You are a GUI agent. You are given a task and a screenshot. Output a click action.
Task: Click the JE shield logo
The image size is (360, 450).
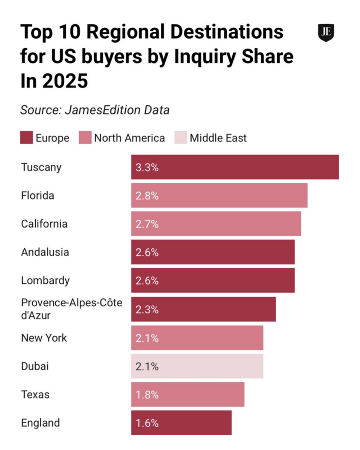(326, 33)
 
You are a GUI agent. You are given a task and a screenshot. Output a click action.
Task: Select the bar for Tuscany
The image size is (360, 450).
(235, 167)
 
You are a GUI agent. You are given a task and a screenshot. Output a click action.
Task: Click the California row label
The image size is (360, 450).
(44, 224)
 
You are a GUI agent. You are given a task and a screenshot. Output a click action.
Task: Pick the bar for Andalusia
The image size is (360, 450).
(213, 252)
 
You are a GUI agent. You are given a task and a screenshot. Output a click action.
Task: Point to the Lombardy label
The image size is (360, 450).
(45, 280)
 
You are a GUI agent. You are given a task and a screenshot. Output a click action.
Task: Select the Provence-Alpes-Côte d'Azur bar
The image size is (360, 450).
(203, 309)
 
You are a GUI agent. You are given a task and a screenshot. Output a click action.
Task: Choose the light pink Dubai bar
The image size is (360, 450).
(197, 366)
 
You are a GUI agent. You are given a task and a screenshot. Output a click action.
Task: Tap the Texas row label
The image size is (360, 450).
(35, 394)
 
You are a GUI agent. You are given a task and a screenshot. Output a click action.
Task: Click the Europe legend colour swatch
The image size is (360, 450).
(27, 138)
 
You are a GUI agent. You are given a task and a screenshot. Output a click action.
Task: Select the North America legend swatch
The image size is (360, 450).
(85, 138)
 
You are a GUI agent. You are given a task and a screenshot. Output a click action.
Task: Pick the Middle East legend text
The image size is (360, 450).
(218, 138)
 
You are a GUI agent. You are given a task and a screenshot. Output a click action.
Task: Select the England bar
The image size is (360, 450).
(181, 423)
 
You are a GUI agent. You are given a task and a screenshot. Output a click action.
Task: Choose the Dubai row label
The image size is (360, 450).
(35, 366)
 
